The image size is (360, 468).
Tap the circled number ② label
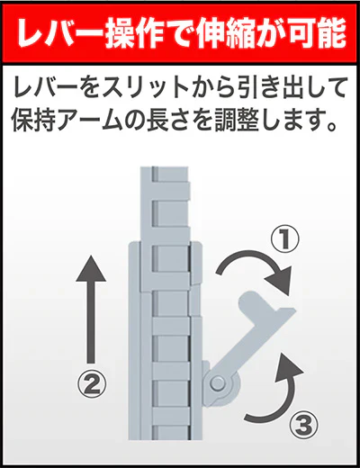(x=89, y=385)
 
